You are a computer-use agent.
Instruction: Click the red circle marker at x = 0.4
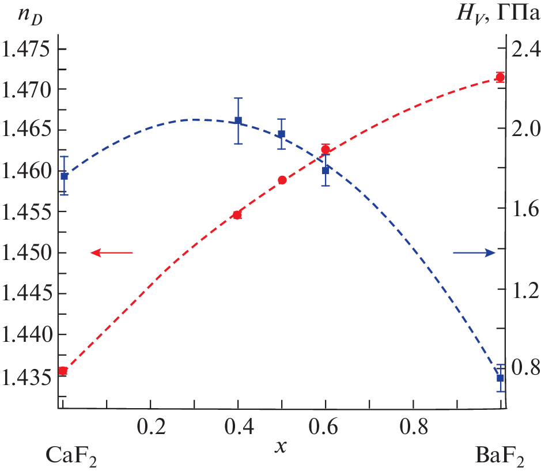[x=237, y=215]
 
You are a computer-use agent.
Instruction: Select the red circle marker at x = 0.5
[x=282, y=180]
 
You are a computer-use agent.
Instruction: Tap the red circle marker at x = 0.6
[x=326, y=150]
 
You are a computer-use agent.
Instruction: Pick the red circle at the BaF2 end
[x=500, y=77]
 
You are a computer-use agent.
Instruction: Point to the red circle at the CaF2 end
[x=63, y=371]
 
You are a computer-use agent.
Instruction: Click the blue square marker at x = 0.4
[x=238, y=120]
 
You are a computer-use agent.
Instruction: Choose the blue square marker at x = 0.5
[x=282, y=134]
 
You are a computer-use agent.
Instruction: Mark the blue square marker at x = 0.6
[x=326, y=171]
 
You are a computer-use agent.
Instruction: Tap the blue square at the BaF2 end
[x=500, y=378]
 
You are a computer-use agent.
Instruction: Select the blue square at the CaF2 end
[x=64, y=176]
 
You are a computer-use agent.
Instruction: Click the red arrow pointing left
[x=112, y=252]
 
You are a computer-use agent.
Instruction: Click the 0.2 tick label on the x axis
[x=151, y=427]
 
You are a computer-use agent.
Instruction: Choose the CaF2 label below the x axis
[x=70, y=457]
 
